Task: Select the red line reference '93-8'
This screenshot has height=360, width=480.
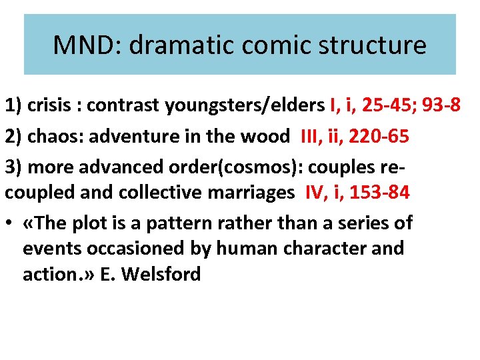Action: pos(443,105)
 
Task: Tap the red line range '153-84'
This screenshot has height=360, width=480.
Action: pos(380,193)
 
